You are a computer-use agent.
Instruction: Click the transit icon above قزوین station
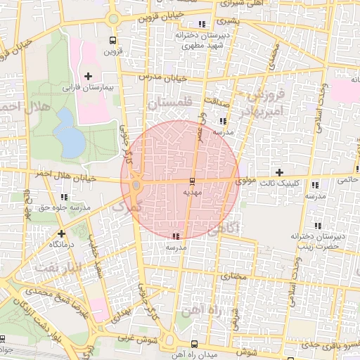113,40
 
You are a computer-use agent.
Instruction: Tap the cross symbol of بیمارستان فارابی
88,76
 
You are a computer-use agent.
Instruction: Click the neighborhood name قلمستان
169,103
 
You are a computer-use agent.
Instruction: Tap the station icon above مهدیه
193,181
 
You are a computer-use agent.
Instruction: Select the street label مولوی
246,181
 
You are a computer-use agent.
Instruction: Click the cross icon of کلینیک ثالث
280,172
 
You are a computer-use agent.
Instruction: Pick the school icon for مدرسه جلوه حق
65,197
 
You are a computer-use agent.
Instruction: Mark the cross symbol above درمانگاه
62,233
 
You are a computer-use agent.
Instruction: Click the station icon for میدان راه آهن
194,343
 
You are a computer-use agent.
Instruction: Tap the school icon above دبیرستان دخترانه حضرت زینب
317,226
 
